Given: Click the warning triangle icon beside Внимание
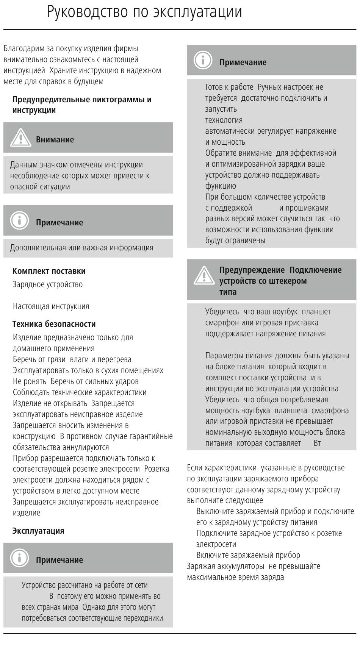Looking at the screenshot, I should [x=20, y=137].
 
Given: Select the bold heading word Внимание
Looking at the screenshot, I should [x=55, y=139].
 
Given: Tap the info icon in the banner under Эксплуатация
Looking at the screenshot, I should [x=19, y=558].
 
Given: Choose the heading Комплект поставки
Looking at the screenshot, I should [x=49, y=271].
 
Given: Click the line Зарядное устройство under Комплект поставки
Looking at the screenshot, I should [x=48, y=284].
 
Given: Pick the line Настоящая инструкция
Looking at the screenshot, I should [x=51, y=306].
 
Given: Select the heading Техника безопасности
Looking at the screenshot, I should [x=54, y=324].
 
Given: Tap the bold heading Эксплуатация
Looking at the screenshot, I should [x=38, y=531].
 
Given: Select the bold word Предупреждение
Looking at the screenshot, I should [x=252, y=270].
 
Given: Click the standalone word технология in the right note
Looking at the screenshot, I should [x=224, y=120].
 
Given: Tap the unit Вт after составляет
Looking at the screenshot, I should [x=317, y=443].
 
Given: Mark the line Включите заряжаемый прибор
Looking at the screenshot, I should [x=248, y=555].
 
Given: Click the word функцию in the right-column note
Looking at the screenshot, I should [x=221, y=186].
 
